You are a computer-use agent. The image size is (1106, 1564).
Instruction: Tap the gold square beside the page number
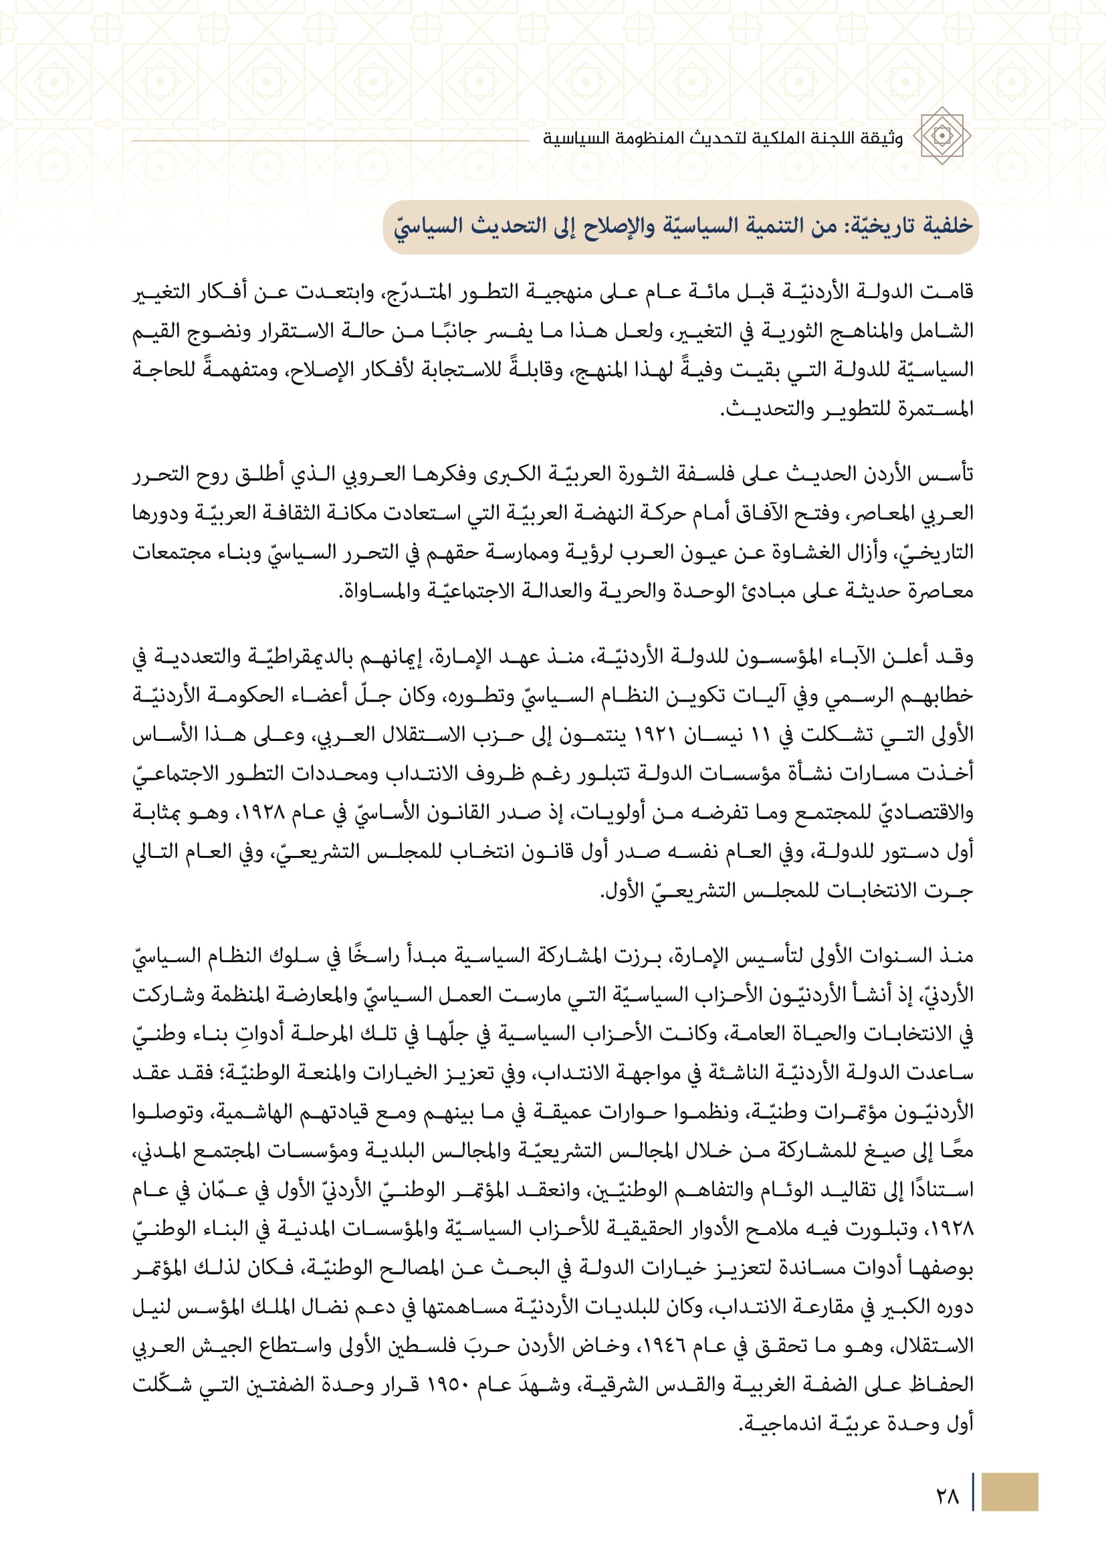(x=1010, y=1492)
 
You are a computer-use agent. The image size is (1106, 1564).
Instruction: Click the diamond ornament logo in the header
(x=942, y=136)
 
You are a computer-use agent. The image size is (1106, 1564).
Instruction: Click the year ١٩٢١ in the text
(x=657, y=735)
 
